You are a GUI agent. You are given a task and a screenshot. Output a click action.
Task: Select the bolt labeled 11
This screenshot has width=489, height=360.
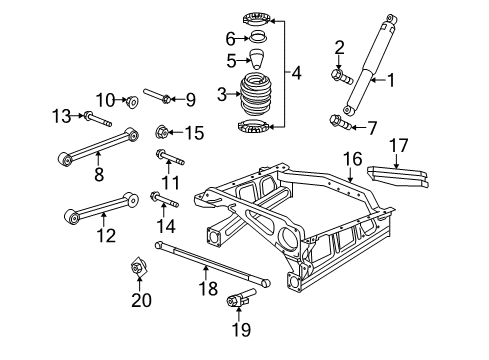166,155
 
